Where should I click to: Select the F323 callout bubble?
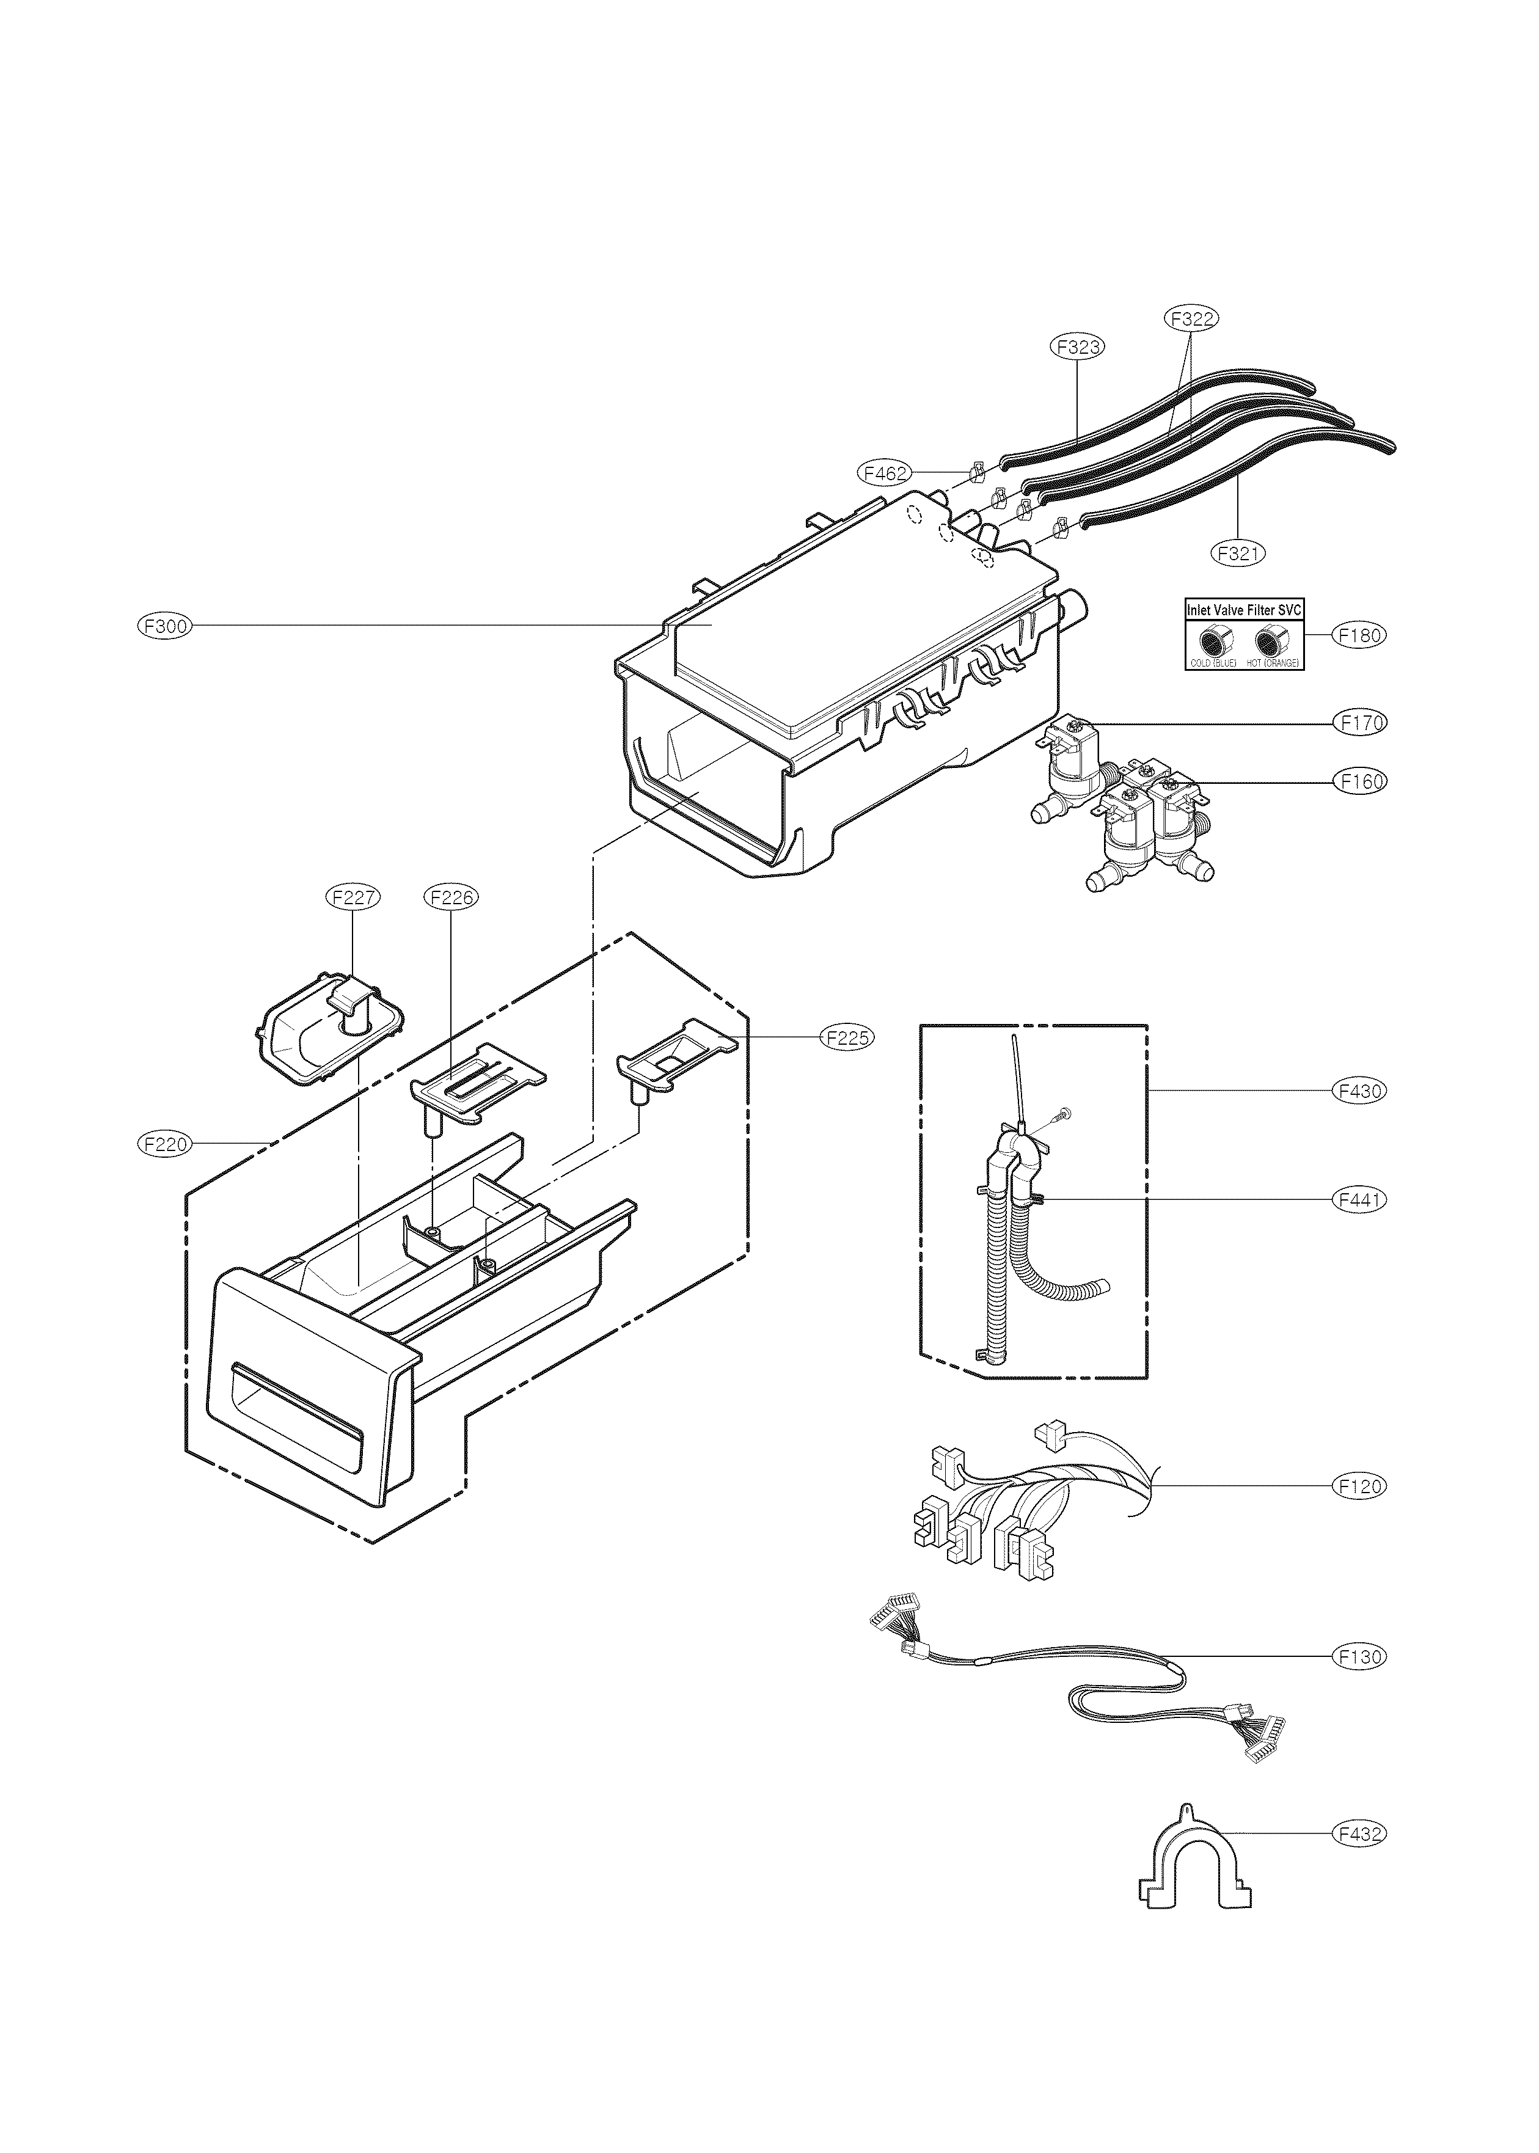tap(1078, 347)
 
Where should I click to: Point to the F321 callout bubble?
tap(1238, 552)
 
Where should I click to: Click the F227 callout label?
tap(353, 896)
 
